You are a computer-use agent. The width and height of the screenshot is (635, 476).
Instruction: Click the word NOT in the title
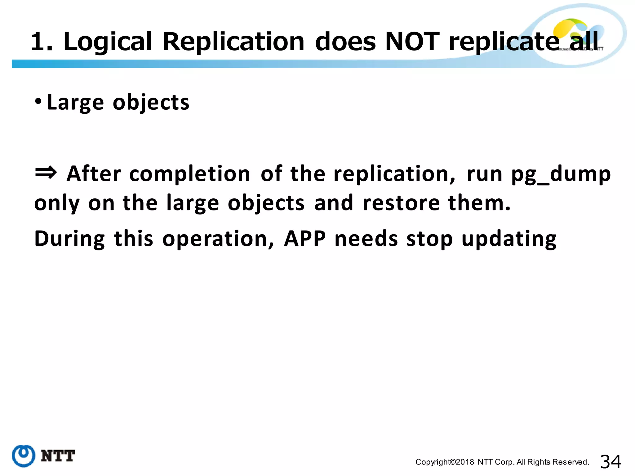(412, 42)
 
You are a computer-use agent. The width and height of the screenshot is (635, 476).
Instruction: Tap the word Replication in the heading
(233, 42)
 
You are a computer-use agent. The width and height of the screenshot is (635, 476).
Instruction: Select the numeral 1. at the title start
(42, 42)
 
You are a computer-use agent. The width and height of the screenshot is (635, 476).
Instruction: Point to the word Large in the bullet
(75, 103)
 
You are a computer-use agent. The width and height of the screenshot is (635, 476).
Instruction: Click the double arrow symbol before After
(46, 172)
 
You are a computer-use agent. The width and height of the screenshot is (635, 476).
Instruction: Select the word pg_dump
(561, 174)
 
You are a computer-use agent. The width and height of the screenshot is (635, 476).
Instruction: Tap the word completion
(189, 174)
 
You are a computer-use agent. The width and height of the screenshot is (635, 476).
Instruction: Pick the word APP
(305, 239)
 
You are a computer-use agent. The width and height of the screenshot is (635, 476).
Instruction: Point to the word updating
(509, 239)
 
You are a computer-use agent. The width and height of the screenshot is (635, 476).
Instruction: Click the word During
(70, 239)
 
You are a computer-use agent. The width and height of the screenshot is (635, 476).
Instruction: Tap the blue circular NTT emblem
(24, 456)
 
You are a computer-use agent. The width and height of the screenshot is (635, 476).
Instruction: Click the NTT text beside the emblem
(58, 456)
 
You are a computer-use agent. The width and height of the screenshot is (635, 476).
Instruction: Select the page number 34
(611, 462)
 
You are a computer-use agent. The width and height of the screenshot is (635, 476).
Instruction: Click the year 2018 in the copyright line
(465, 462)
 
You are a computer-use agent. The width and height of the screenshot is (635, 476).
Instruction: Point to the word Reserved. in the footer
(571, 462)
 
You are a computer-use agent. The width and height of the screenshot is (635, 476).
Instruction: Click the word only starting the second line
(57, 204)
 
